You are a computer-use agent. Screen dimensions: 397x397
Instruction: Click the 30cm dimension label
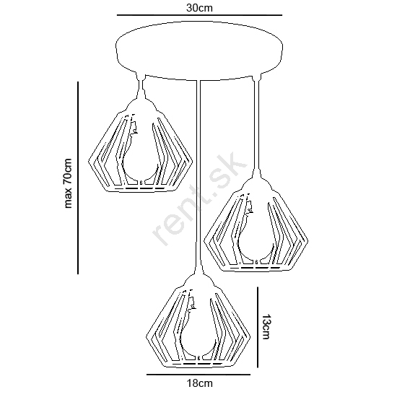(x=199, y=8)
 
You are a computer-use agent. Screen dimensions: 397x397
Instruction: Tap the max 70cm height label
(x=68, y=183)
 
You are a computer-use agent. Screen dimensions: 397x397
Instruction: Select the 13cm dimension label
(x=266, y=326)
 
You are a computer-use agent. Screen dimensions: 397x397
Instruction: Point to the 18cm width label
(x=199, y=383)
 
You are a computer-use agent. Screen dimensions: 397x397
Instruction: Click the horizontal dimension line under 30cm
(x=199, y=15)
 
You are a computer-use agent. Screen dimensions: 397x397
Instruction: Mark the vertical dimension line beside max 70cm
(x=78, y=178)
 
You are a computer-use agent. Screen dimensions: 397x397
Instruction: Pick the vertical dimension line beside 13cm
(x=258, y=327)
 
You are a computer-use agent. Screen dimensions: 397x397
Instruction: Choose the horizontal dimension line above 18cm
(x=198, y=375)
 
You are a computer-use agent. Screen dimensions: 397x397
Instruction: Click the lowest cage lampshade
(x=198, y=321)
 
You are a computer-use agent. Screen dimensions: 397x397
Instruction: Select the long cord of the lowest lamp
(x=198, y=178)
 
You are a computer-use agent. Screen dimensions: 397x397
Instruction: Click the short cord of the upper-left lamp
(x=141, y=86)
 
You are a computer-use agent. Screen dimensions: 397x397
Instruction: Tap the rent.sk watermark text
(x=200, y=198)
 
